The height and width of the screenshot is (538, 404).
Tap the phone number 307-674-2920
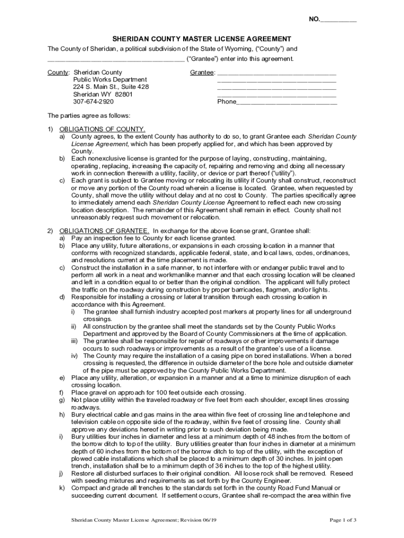(x=93, y=101)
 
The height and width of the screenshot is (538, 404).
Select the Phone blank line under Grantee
(x=286, y=102)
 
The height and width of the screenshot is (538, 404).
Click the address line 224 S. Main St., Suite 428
(x=110, y=87)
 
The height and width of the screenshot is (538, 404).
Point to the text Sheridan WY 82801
(x=102, y=94)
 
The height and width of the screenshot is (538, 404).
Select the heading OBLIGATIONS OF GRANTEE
(x=104, y=230)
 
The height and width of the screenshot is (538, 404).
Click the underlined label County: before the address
(x=58, y=72)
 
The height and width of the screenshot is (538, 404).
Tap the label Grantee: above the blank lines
(x=203, y=72)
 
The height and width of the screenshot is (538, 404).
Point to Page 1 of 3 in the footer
(x=343, y=520)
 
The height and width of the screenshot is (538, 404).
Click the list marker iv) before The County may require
(x=75, y=356)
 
